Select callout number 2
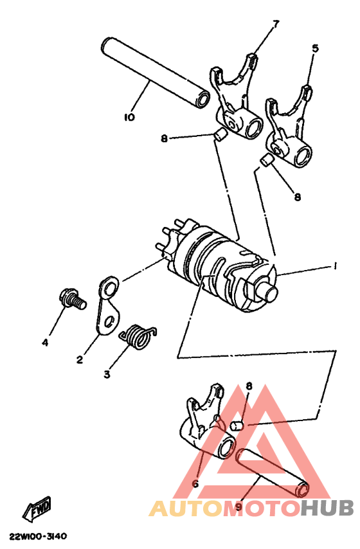pyautogui.click(x=80, y=361)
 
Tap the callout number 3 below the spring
pyautogui.click(x=107, y=373)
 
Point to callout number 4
pyautogui.click(x=45, y=343)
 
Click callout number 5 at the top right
pyautogui.click(x=314, y=48)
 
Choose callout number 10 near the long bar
pyautogui.click(x=129, y=117)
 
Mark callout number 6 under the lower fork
pyautogui.click(x=195, y=483)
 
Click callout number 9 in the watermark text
pyautogui.click(x=239, y=507)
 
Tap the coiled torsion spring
pyautogui.click(x=137, y=335)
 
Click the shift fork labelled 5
pyautogui.click(x=292, y=129)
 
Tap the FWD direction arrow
pyautogui.click(x=37, y=508)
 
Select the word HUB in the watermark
pyautogui.click(x=327, y=509)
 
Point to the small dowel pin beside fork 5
pyautogui.click(x=265, y=161)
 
